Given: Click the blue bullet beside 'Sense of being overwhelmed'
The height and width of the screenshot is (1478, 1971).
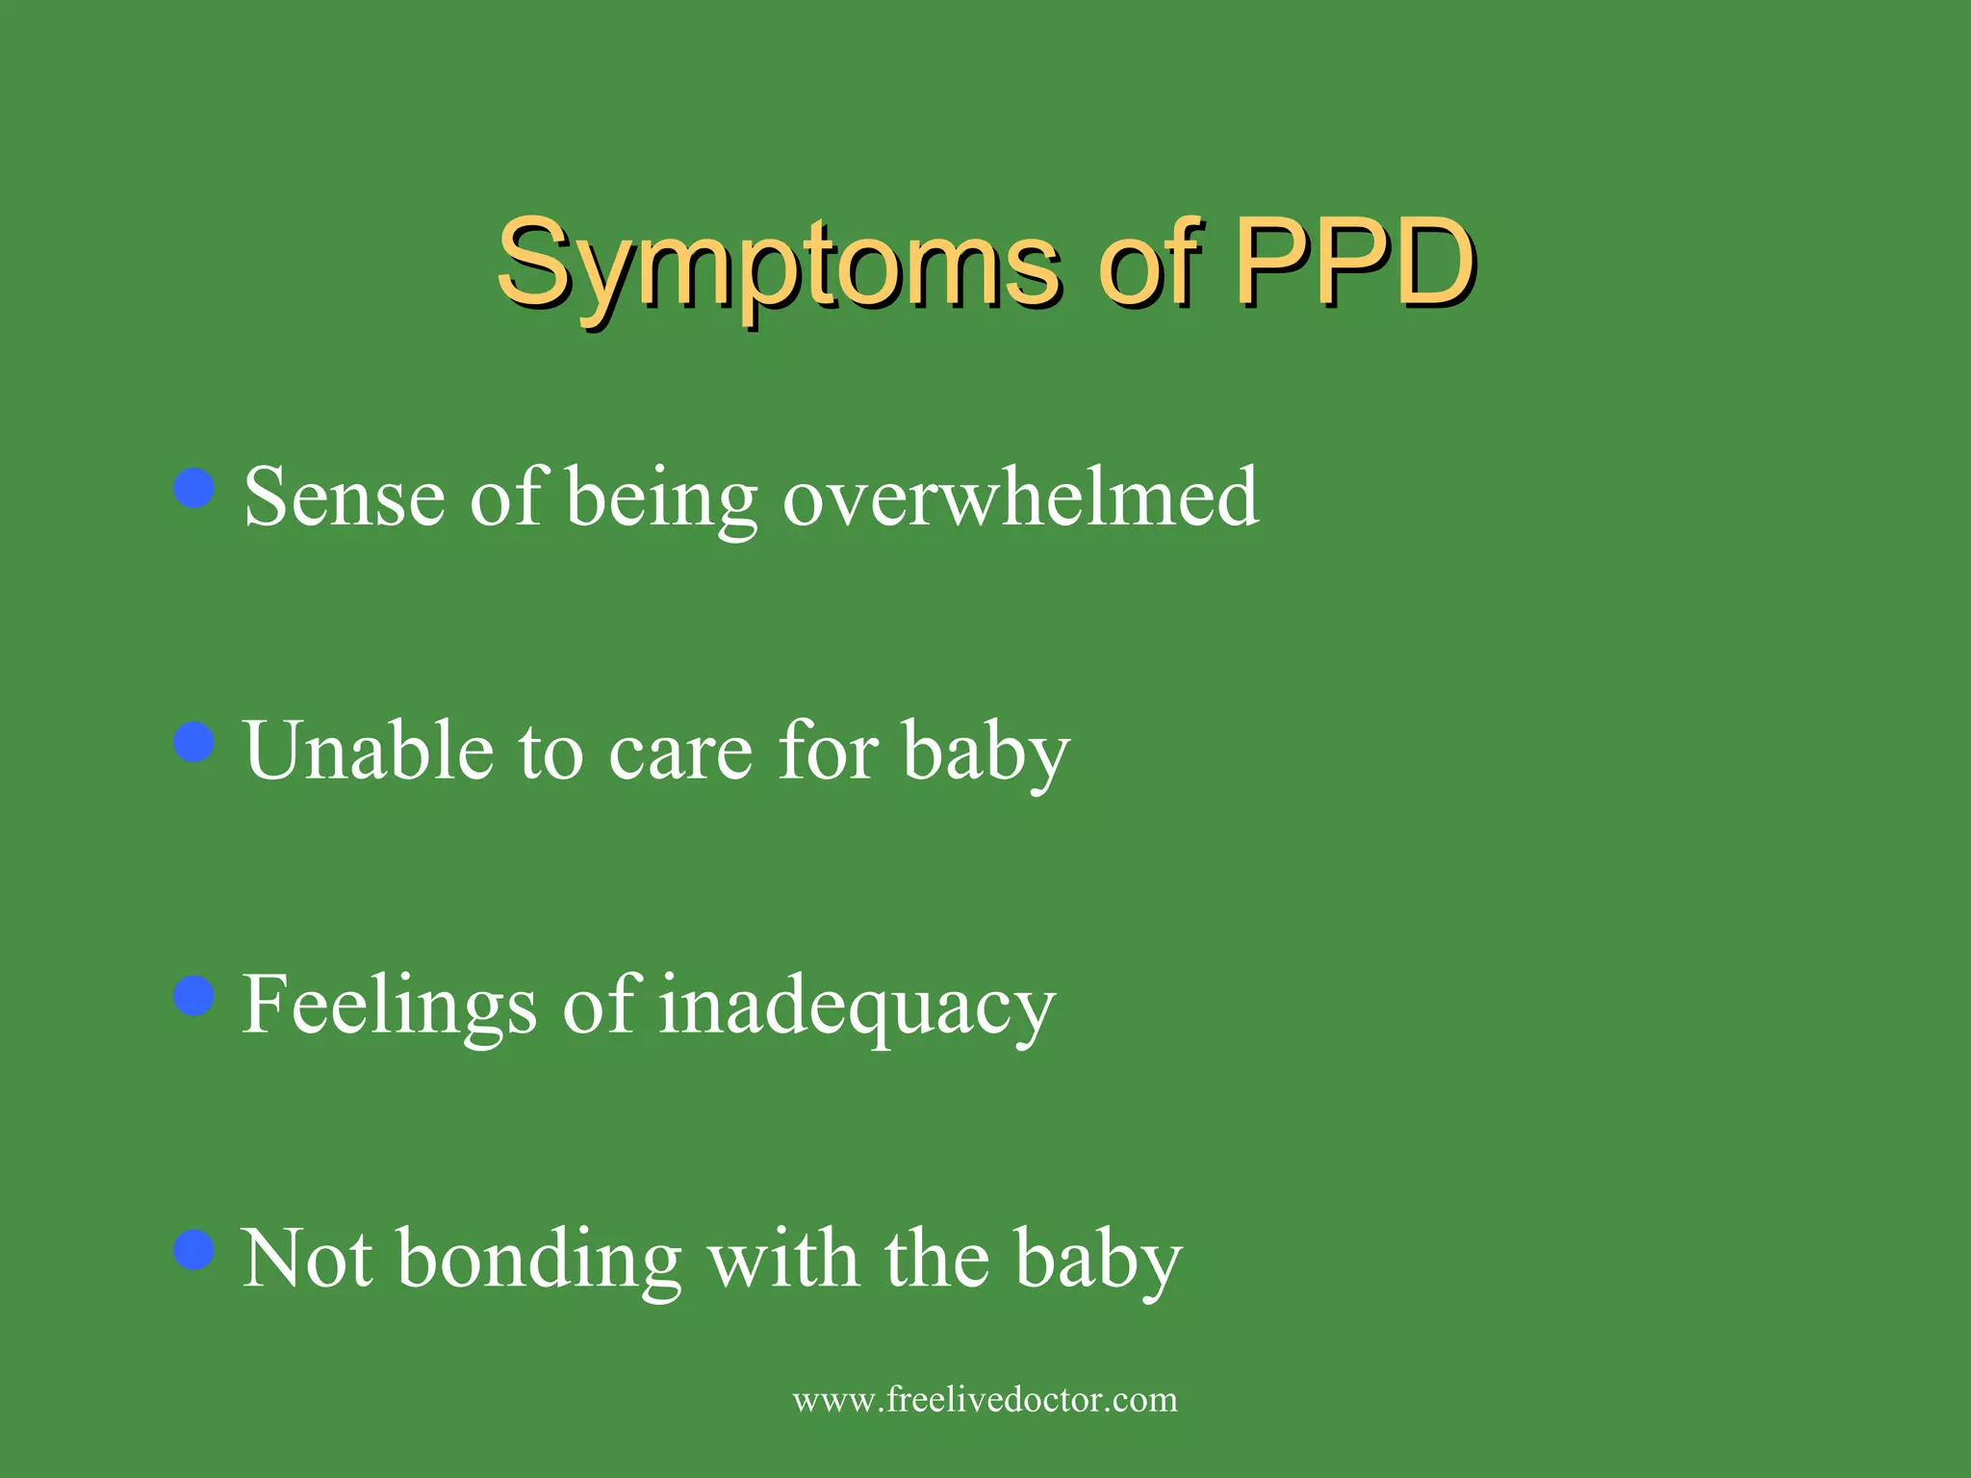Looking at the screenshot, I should click(x=194, y=488).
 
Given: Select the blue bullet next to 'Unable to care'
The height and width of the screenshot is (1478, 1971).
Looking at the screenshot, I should click(x=194, y=742).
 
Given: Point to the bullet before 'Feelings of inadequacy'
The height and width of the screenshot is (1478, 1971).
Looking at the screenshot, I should click(x=194, y=996).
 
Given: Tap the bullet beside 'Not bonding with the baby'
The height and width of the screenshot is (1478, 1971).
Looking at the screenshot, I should click(x=194, y=1250).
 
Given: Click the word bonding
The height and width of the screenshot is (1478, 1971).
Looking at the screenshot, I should click(x=539, y=1261).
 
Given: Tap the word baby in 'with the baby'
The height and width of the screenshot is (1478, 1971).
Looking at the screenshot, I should click(x=1098, y=1261).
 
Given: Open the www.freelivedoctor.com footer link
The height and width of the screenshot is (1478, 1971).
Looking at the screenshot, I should click(x=985, y=1399).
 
